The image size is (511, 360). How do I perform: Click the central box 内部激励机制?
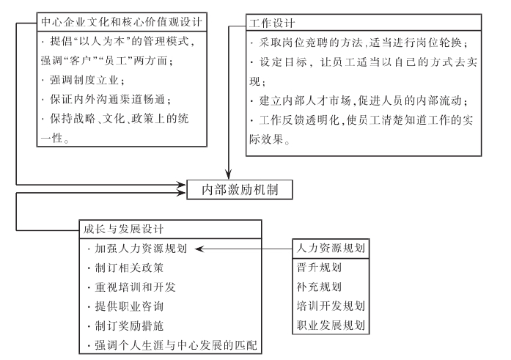pyautogui.click(x=240, y=189)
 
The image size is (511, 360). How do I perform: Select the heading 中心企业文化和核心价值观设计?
pyautogui.click(x=122, y=22)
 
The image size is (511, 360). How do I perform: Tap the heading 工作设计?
pyautogui.click(x=272, y=23)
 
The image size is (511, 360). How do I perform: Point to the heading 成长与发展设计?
pyautogui.click(x=123, y=229)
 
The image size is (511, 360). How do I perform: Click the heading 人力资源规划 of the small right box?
pyautogui.click(x=331, y=249)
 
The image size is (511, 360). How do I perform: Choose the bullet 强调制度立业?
pyautogui.click(x=84, y=80)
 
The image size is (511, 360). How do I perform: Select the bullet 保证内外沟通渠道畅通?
pyautogui.click(x=106, y=100)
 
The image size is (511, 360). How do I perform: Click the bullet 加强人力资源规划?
pyautogui.click(x=138, y=249)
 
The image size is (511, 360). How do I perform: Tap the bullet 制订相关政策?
pyautogui.click(x=126, y=268)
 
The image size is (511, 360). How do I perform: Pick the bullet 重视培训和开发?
pyautogui.click(x=132, y=287)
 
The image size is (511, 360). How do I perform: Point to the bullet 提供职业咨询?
pyautogui.click(x=126, y=306)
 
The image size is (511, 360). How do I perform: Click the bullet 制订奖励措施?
pyautogui.click(x=126, y=326)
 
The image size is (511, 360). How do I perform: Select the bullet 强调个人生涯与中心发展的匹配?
pyautogui.click(x=172, y=345)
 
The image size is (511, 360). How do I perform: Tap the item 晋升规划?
pyautogui.click(x=319, y=268)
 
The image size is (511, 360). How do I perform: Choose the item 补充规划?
pyautogui.click(x=319, y=287)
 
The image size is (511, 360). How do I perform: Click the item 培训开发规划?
pyautogui.click(x=331, y=306)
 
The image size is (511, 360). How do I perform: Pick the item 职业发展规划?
pyautogui.click(x=331, y=325)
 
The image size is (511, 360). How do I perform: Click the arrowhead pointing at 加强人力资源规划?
pyautogui.click(x=199, y=249)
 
